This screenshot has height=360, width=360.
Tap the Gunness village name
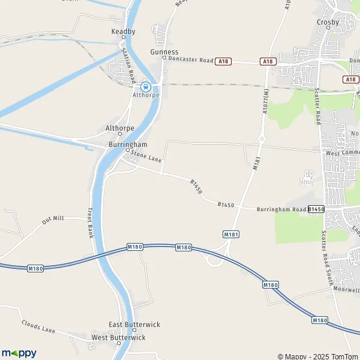pos(164,52)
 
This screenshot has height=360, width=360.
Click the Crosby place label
pos(328,22)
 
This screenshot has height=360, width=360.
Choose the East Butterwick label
pos(134,325)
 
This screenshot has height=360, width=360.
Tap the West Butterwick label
pos(119,338)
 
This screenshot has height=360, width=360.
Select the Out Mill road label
pos(53,220)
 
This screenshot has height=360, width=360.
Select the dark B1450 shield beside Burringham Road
pos(316,209)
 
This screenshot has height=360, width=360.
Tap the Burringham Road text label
pos(281,209)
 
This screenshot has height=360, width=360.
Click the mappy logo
pos(19,353)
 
